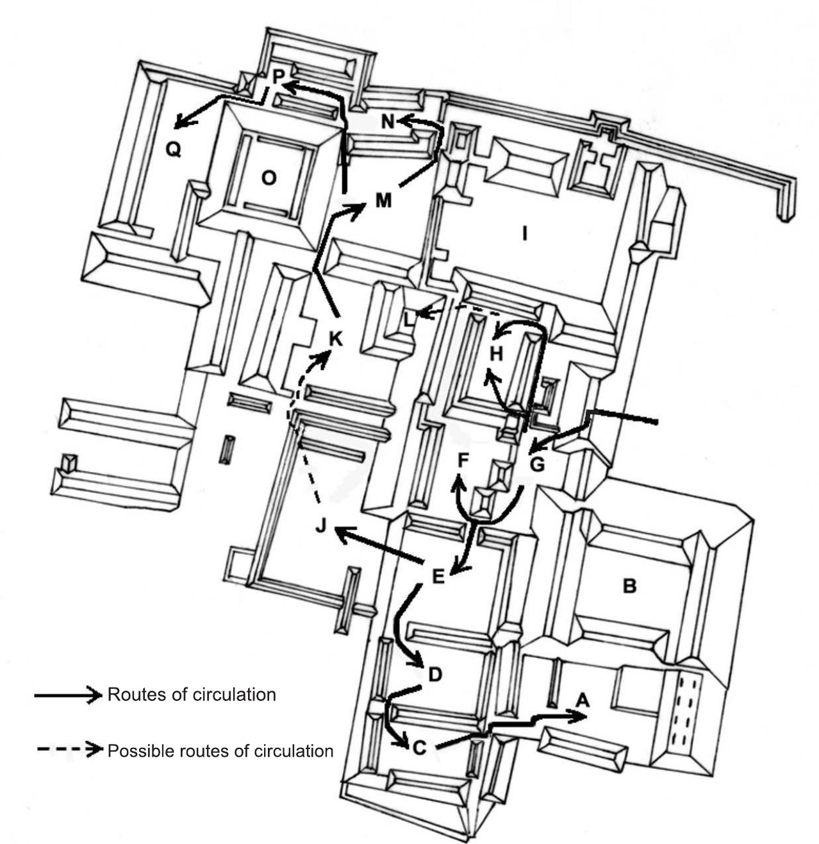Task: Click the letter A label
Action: (x=582, y=700)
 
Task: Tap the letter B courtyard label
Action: (x=629, y=586)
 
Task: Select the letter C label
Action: (x=419, y=748)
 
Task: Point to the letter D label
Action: (x=435, y=675)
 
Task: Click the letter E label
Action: (x=438, y=577)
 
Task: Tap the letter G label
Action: (x=537, y=464)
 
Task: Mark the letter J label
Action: (x=322, y=527)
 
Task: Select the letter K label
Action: (x=335, y=339)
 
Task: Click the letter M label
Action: (x=383, y=201)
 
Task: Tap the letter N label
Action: (x=388, y=122)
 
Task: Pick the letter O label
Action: (x=269, y=178)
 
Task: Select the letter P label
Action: (x=278, y=76)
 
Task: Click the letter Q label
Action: (x=174, y=149)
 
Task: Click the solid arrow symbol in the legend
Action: (x=68, y=695)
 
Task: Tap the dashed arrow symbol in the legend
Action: (x=68, y=750)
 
